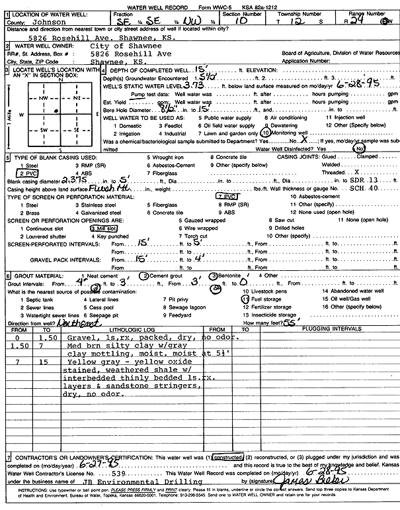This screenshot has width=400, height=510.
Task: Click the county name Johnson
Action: coord(47,20)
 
